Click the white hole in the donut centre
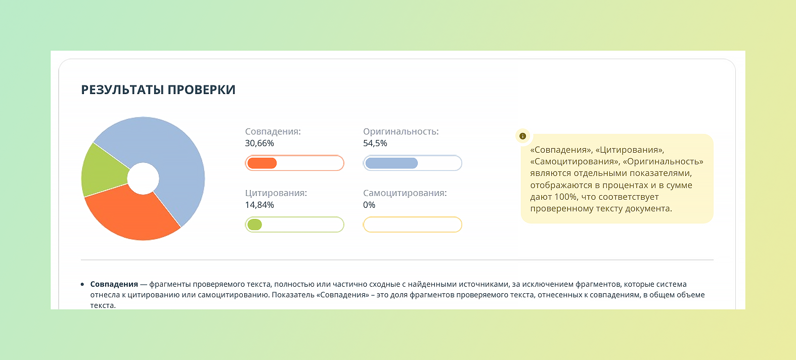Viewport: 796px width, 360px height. (x=143, y=178)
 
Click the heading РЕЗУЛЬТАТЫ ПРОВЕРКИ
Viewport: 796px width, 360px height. (x=158, y=90)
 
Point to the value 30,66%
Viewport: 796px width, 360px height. (x=259, y=143)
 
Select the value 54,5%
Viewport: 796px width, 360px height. (x=375, y=143)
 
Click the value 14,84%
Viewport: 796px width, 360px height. (x=259, y=205)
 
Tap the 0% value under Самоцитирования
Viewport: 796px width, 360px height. (x=369, y=205)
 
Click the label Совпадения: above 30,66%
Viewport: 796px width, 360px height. (x=273, y=131)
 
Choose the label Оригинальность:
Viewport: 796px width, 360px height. (x=401, y=131)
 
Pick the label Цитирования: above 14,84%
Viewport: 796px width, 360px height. (x=276, y=193)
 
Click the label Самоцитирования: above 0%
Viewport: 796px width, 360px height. (x=405, y=193)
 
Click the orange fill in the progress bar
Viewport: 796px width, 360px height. (x=262, y=163)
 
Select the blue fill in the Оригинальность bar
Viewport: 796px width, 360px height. (x=391, y=163)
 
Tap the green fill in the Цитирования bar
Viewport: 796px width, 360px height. (x=255, y=224)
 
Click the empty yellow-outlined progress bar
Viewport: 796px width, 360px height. (x=412, y=224)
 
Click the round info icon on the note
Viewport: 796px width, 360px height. (x=523, y=136)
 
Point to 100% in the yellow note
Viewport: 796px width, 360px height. (x=565, y=197)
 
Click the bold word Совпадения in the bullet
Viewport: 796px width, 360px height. (x=114, y=284)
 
